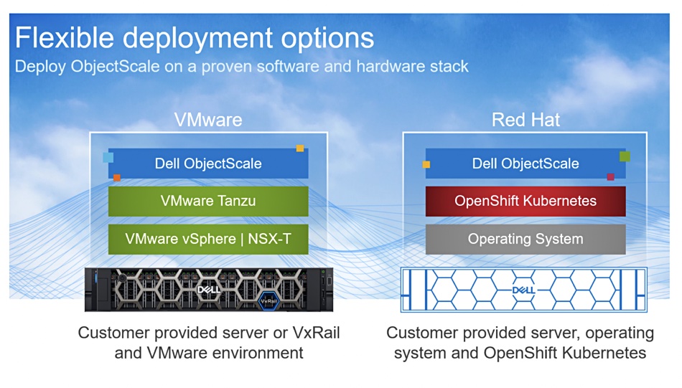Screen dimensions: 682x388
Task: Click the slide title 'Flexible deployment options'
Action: click(x=195, y=38)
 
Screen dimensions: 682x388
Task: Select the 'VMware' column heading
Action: click(x=208, y=120)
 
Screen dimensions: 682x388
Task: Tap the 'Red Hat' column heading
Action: click(x=525, y=120)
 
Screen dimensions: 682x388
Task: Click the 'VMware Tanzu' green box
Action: click(x=208, y=201)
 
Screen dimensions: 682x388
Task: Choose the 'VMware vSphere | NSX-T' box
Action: click(x=208, y=239)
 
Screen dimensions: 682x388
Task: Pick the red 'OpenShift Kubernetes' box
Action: click(x=525, y=201)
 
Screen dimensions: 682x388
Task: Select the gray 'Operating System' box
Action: click(x=525, y=239)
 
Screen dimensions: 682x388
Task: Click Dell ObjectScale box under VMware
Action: click(x=208, y=164)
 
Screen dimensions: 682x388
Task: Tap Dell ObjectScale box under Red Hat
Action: click(x=525, y=164)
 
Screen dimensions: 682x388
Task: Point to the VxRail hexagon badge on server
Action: click(x=268, y=301)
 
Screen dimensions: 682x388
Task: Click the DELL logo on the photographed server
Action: click(x=208, y=290)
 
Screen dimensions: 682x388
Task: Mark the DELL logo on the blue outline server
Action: click(x=523, y=290)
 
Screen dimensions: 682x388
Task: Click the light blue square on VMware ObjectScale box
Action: click(x=108, y=157)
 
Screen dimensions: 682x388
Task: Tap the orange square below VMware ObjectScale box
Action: click(x=116, y=177)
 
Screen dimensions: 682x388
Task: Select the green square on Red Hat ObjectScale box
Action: click(x=625, y=156)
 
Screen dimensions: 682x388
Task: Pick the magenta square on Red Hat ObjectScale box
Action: click(x=611, y=177)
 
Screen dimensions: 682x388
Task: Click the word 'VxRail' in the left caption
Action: click(x=316, y=333)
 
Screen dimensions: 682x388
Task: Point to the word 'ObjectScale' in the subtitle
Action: click(x=116, y=67)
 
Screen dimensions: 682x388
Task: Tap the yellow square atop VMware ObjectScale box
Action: click(x=300, y=148)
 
